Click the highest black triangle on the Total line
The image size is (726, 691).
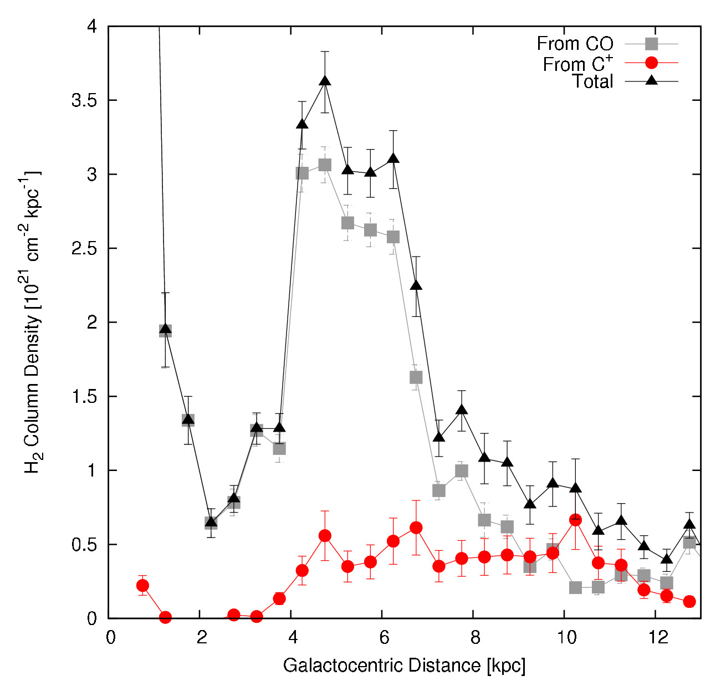click(325, 81)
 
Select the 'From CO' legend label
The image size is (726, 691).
click(575, 43)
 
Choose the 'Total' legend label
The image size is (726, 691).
click(592, 81)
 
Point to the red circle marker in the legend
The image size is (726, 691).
click(652, 62)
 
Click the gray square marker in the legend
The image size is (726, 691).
click(652, 43)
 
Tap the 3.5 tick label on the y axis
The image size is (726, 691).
click(84, 101)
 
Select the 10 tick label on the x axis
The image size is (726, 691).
click(566, 637)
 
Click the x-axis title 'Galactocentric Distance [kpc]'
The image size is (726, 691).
click(404, 665)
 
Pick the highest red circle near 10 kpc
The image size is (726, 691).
click(575, 520)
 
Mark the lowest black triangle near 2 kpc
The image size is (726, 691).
click(211, 521)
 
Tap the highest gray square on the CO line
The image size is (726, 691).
click(325, 165)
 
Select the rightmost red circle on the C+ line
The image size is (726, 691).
click(689, 601)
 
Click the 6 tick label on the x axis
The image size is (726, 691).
click(384, 637)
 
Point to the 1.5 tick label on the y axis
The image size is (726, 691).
click(84, 397)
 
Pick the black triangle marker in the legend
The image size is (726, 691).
click(652, 81)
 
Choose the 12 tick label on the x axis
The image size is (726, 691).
click(657, 637)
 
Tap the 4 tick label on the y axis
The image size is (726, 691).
click(91, 27)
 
